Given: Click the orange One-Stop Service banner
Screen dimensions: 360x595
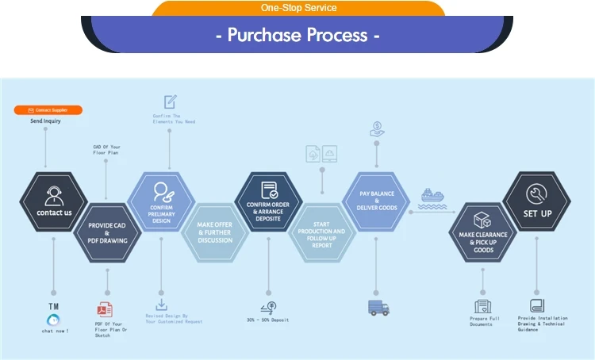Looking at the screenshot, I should click(298, 8).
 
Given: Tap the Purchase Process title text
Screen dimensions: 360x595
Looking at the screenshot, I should click(298, 36).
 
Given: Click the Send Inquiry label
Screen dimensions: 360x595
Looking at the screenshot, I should click(45, 121).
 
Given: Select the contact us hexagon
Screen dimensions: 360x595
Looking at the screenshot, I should click(54, 201).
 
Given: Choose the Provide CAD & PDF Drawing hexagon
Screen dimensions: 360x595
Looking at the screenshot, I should click(107, 230).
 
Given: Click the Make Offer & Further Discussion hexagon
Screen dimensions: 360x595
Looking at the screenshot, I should click(215, 230).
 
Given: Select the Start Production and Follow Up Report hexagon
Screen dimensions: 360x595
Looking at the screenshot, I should click(322, 230).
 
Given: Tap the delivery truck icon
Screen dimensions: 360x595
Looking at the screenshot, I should click(378, 308).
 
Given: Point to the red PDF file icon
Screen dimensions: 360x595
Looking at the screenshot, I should click(105, 308).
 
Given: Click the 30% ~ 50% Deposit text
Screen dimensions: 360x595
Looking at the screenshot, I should click(267, 320).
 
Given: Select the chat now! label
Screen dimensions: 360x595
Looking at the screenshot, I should click(56, 331).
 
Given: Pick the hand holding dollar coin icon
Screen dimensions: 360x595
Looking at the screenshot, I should click(377, 128).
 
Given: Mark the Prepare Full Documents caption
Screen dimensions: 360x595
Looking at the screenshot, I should click(483, 320).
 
